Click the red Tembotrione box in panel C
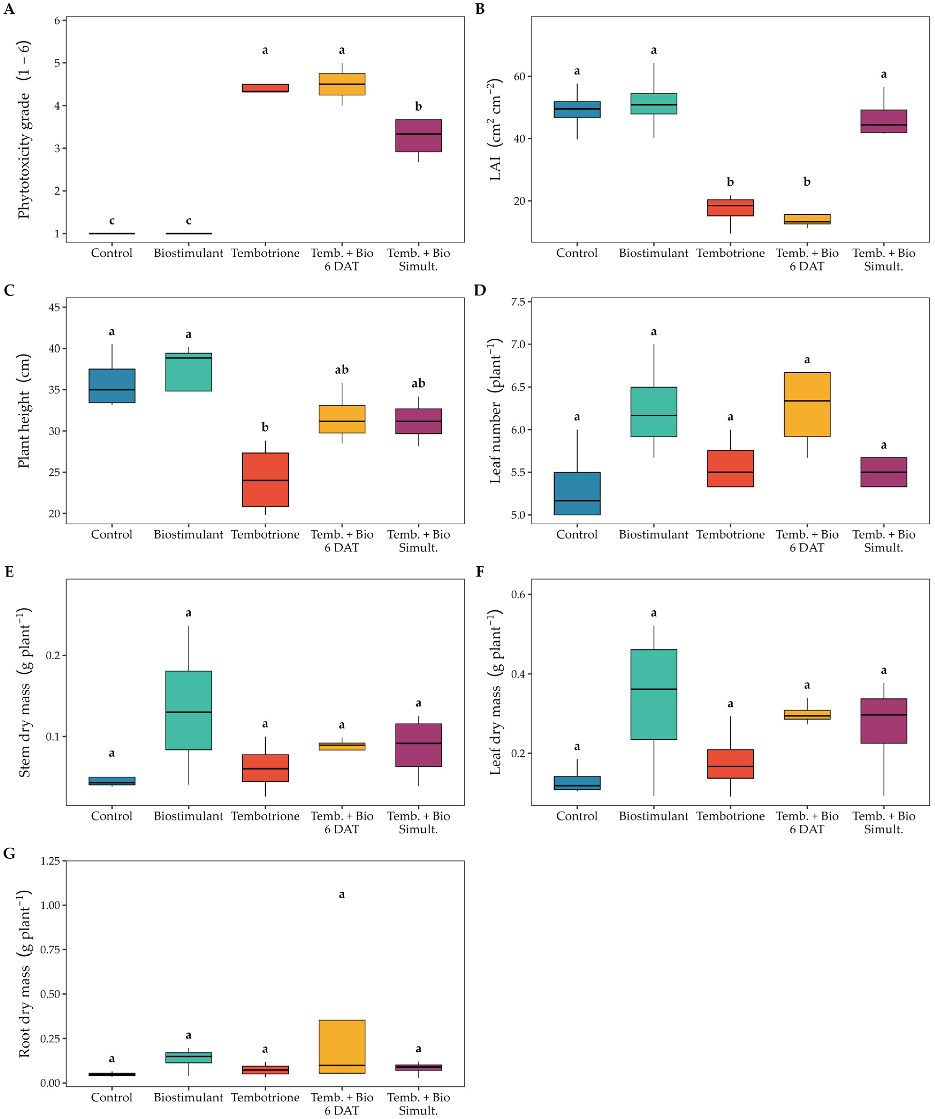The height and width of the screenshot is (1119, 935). pyautogui.click(x=265, y=479)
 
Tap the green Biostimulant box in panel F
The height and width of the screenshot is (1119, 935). pyautogui.click(x=654, y=694)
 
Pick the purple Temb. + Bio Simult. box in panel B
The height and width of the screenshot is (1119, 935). pyautogui.click(x=884, y=121)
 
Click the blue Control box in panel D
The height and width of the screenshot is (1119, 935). pyautogui.click(x=577, y=493)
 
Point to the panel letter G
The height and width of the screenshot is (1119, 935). pyautogui.click(x=9, y=853)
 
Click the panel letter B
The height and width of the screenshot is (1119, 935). pyautogui.click(x=480, y=9)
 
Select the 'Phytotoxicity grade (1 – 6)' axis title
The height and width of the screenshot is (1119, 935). pyautogui.click(x=24, y=130)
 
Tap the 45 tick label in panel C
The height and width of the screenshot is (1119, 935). pyautogui.click(x=54, y=307)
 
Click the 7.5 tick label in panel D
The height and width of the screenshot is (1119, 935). pyautogui.click(x=518, y=302)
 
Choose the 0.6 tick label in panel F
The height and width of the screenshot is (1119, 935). pyautogui.click(x=518, y=595)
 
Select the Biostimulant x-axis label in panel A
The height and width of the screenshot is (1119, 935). pyautogui.click(x=189, y=253)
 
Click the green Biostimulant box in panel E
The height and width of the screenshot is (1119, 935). pyautogui.click(x=189, y=710)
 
